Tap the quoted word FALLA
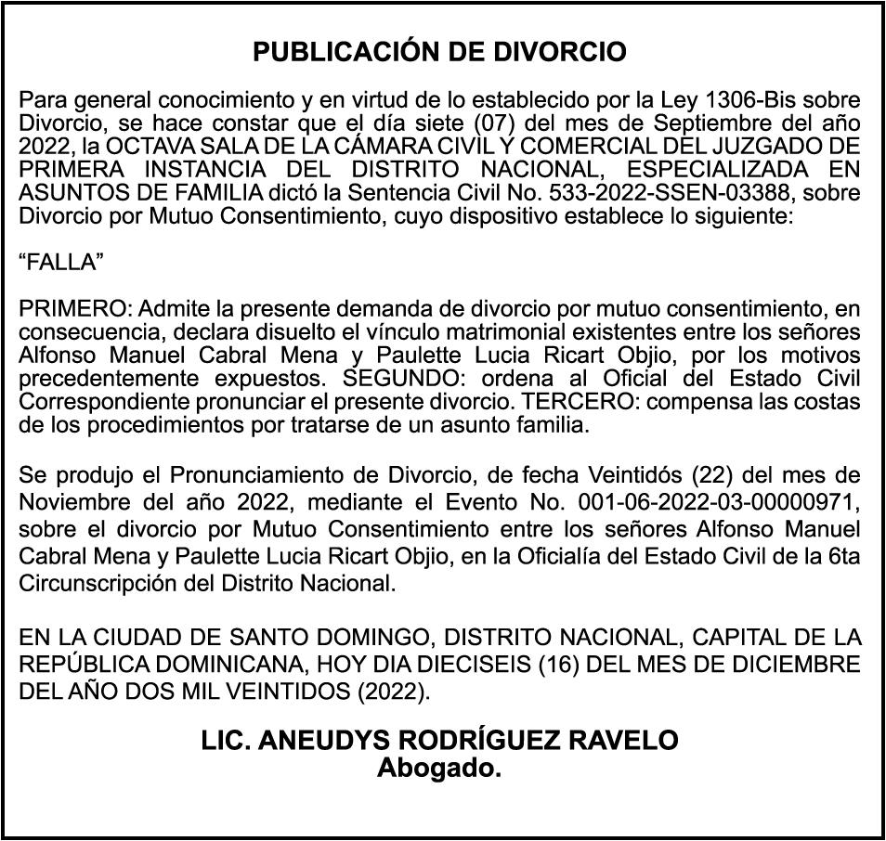[x=61, y=262]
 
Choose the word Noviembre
[x=75, y=503]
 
